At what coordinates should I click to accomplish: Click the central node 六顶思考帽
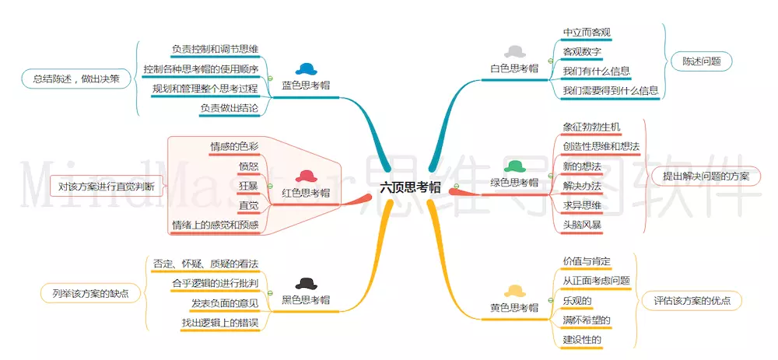click(410, 188)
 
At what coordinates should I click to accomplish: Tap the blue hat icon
click(306, 69)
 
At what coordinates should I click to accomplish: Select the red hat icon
click(306, 176)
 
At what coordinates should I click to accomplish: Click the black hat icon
click(306, 283)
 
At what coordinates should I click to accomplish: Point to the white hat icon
click(514, 51)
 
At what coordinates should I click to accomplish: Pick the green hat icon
click(514, 166)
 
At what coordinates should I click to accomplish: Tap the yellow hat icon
click(514, 291)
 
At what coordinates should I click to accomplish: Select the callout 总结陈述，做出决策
click(76, 79)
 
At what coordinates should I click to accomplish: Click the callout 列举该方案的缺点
click(90, 293)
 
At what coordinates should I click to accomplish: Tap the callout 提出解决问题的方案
click(705, 176)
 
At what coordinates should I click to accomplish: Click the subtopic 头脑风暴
click(582, 224)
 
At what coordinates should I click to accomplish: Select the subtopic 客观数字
click(582, 51)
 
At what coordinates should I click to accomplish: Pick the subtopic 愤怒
click(249, 166)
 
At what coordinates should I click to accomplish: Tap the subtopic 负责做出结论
click(230, 107)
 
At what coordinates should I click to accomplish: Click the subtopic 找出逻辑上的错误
click(220, 323)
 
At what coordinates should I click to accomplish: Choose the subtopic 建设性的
click(582, 340)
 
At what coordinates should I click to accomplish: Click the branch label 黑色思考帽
click(306, 300)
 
